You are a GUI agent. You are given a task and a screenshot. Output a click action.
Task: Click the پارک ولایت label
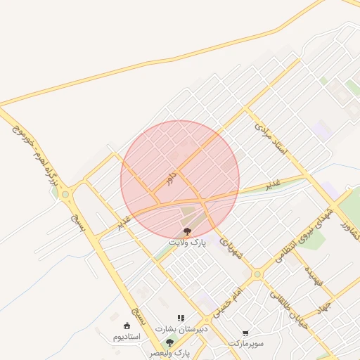[x=186, y=241]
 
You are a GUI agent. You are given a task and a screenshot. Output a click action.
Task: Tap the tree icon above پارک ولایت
[x=186, y=231]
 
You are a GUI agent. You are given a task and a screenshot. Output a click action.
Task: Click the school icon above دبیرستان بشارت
[x=181, y=319]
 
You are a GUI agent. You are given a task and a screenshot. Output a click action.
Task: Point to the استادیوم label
[x=127, y=336]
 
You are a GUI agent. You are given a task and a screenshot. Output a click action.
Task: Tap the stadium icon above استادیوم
[x=127, y=326]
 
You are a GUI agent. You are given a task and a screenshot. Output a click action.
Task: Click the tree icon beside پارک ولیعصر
[x=169, y=342]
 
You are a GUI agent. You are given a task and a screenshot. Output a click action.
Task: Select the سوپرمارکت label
[x=245, y=342]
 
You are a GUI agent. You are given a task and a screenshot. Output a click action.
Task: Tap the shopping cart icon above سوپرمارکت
[x=245, y=333]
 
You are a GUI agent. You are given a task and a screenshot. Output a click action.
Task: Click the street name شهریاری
[x=230, y=247]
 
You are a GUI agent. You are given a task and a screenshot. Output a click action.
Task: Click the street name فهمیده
[x=314, y=279]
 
